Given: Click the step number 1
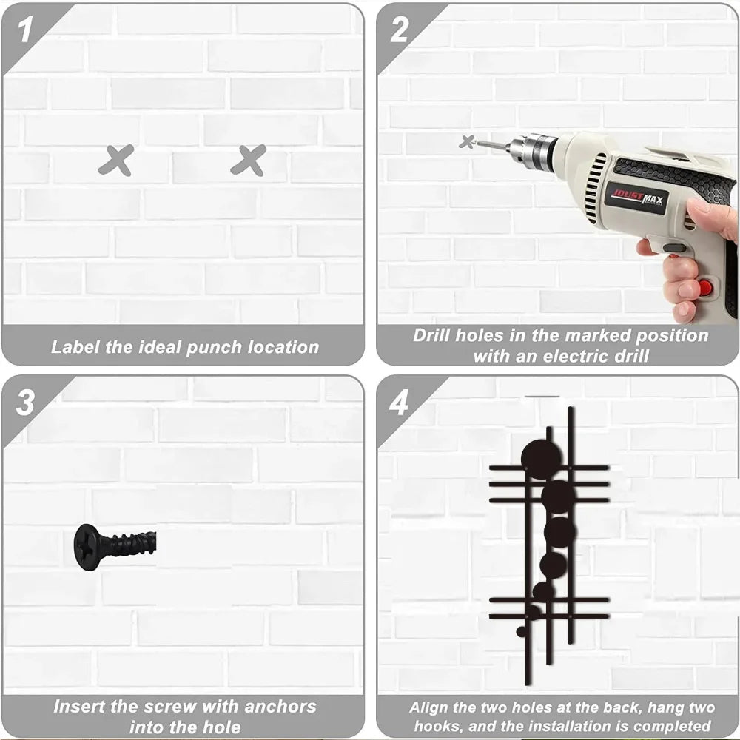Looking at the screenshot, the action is (25, 29).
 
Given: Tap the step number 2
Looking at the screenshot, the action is (400, 30).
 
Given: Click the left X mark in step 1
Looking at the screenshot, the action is (116, 161).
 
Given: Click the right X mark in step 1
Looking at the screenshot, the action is (249, 161).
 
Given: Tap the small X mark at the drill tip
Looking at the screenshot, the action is (467, 141).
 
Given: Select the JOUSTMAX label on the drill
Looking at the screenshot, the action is (638, 198).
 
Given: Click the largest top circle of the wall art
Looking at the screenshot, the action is (542, 459).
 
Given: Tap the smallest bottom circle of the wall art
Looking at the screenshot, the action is (521, 631).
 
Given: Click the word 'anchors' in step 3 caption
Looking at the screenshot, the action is (280, 707).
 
